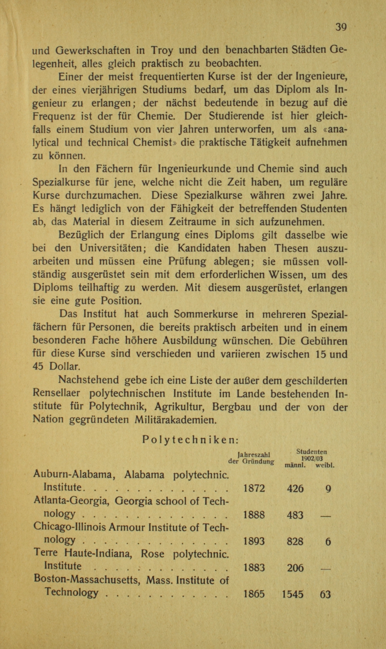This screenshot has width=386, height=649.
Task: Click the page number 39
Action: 341,27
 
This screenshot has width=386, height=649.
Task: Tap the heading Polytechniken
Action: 190,440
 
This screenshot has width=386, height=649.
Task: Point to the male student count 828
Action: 295,541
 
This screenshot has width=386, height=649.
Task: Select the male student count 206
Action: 295,568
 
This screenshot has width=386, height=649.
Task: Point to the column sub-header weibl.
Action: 325,465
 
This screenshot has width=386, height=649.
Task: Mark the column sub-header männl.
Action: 295,465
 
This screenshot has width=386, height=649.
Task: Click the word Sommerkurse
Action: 205,314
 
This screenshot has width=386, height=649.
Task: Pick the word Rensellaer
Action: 56,393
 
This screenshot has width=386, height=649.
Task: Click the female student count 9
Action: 328,489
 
